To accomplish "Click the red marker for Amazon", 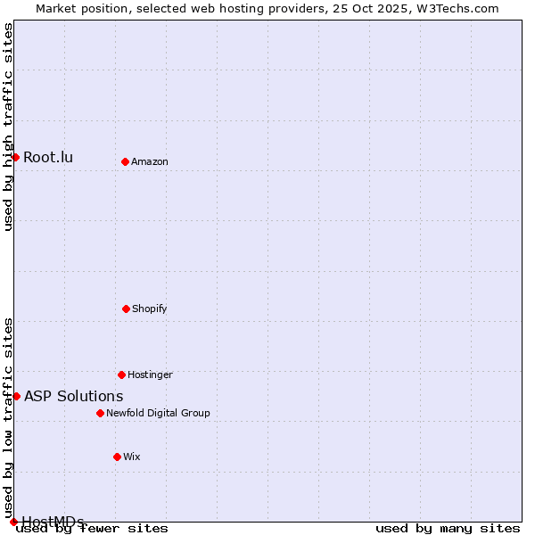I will point(125,161).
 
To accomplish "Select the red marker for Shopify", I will point(126,309).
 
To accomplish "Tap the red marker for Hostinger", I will point(121,374).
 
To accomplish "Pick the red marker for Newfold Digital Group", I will point(100,413).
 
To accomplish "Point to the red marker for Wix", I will point(117,457).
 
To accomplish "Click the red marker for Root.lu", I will point(15,157).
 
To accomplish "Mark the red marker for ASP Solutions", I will point(16,396).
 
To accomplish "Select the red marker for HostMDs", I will point(13,522).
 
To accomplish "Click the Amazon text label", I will point(150,162).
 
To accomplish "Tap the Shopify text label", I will point(150,309).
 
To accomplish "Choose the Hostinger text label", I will point(150,375).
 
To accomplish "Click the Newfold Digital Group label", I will point(158,414).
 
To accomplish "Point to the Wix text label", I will point(132,457).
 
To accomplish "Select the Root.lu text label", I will point(48,158).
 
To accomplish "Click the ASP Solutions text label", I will point(74,397).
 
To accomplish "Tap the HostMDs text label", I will point(53,522).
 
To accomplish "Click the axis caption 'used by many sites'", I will point(448,529).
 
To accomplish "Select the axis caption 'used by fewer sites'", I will point(92,529).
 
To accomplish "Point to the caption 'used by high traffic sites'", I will point(9,127).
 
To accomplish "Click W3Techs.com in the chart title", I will point(455,8).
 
